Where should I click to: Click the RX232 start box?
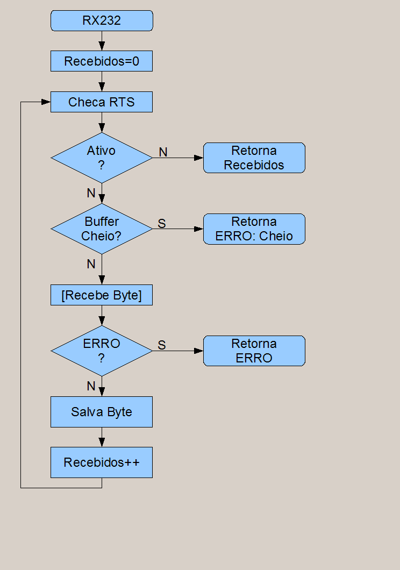[x=102, y=21]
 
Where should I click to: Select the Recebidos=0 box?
[x=102, y=61]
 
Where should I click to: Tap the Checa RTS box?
[x=102, y=102]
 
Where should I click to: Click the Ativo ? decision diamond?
[x=102, y=158]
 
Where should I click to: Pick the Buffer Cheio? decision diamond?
[x=102, y=229]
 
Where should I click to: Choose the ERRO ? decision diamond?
[x=102, y=351]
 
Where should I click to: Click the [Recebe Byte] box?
[x=102, y=295]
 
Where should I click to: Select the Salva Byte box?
[x=102, y=412]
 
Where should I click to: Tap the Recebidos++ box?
[x=102, y=462]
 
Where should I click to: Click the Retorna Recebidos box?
[x=254, y=158]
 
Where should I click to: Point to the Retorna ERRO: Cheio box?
[x=254, y=229]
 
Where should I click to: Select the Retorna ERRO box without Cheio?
[x=254, y=351]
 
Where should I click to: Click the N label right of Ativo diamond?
[x=163, y=152]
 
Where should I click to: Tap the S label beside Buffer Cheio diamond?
[x=162, y=224]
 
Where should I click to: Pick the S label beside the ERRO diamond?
[x=162, y=345]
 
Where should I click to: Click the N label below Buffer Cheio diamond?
[x=91, y=264]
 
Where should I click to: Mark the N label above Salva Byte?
[x=91, y=386]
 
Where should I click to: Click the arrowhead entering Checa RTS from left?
[x=46, y=102]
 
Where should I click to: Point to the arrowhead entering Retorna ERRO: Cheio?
[x=198, y=229]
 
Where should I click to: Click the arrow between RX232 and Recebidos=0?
[x=102, y=41]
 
